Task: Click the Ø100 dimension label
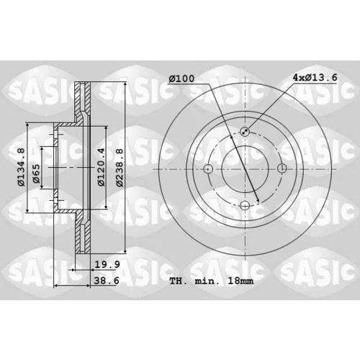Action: point(181,78)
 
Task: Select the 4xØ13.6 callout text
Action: point(315,78)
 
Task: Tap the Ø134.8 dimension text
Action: point(21,167)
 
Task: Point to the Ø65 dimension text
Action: point(36,174)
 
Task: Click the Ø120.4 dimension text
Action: point(102,167)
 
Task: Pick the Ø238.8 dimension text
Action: point(120,168)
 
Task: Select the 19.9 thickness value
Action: point(107,264)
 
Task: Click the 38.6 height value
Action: point(107,280)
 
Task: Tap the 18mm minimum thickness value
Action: point(240,281)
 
